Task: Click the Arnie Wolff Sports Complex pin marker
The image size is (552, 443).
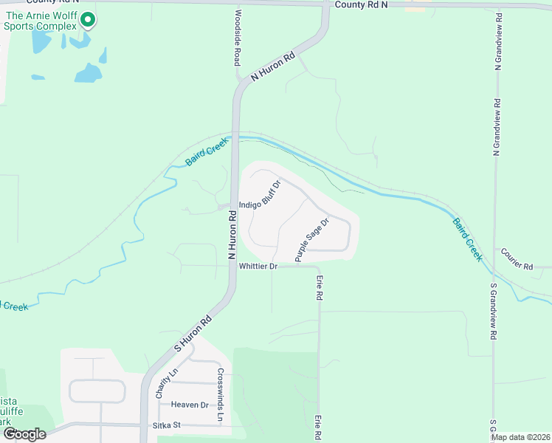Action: [x=88, y=20]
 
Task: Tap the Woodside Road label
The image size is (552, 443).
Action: [x=238, y=36]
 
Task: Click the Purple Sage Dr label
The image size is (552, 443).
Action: [x=311, y=244]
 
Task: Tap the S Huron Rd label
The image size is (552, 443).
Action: [x=193, y=334]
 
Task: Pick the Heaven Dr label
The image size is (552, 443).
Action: [x=190, y=405]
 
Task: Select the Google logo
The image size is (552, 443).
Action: [x=24, y=434]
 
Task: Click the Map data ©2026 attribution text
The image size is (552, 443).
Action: [x=520, y=437]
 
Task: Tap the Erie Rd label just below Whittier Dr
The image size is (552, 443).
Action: [x=320, y=287]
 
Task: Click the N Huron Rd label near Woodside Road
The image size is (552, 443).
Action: [x=273, y=66]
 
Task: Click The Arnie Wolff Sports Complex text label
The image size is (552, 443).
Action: [x=40, y=21]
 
